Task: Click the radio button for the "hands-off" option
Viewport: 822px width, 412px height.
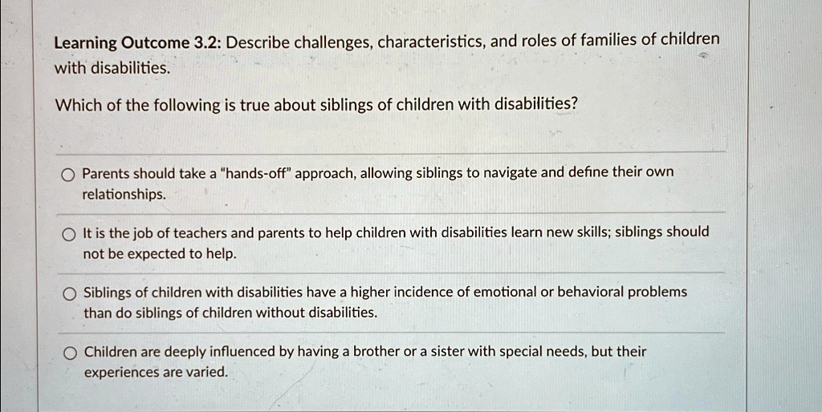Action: (69, 175)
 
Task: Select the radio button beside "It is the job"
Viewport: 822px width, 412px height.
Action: (69, 235)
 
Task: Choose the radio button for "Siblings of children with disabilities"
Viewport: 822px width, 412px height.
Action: (70, 294)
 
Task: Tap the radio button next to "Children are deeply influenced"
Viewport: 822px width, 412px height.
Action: (71, 354)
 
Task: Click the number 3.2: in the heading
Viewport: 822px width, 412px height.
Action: (208, 43)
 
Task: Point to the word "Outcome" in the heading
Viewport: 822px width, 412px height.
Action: (156, 43)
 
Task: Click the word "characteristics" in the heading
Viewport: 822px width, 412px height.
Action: (431, 42)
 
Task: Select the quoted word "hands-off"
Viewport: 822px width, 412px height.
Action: (257, 173)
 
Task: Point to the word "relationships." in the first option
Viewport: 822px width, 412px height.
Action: (124, 196)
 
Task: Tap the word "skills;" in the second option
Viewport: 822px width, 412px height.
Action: (592, 232)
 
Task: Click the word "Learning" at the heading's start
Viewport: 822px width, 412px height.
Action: (86, 44)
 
